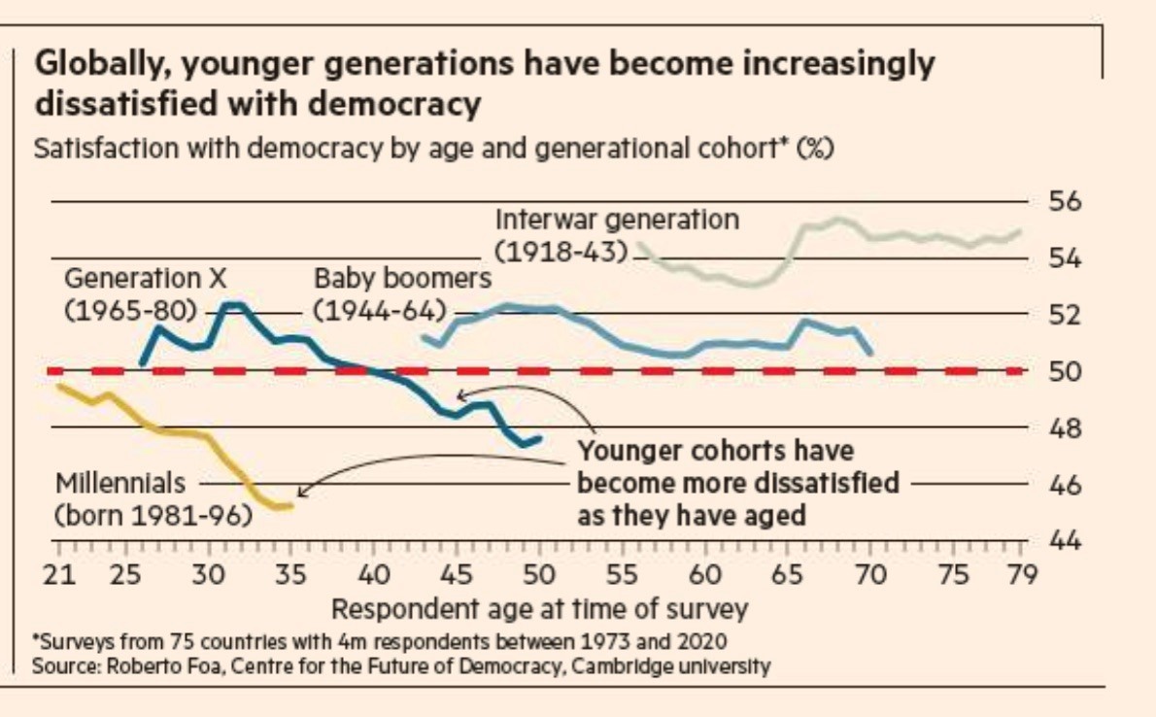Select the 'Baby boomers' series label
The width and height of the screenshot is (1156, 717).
402,279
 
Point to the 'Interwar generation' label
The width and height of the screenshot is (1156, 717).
617,220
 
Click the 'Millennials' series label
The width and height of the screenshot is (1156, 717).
118,483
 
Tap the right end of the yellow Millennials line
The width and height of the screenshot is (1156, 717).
290,505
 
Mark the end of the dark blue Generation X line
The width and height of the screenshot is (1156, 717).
539,439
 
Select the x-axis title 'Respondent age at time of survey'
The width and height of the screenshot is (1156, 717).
540,610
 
